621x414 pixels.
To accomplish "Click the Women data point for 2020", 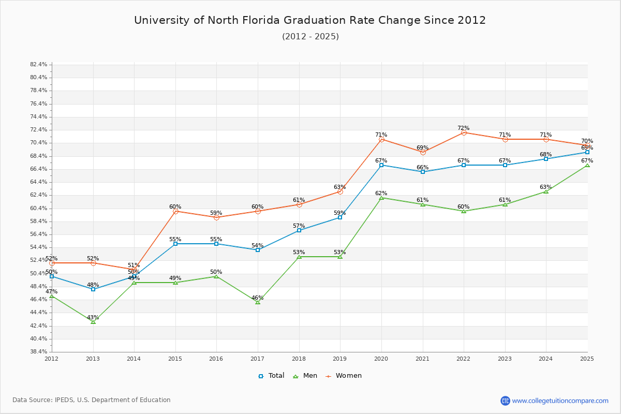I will pyautogui.click(x=381, y=139).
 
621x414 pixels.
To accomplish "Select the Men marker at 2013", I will pyautogui.click(x=93, y=322).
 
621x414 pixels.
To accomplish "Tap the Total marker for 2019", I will pyautogui.click(x=340, y=217).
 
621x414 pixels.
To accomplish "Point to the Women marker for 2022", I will pyautogui.click(x=464, y=132).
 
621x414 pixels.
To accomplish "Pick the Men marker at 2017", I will pyautogui.click(x=258, y=302).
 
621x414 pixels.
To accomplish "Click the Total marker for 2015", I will pyautogui.click(x=175, y=244).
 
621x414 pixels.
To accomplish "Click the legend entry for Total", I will pyautogui.click(x=271, y=376).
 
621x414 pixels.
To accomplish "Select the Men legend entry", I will pyautogui.click(x=305, y=376).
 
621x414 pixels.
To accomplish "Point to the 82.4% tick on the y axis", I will pyautogui.click(x=39, y=65).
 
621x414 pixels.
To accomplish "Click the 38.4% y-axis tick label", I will pyautogui.click(x=39, y=352).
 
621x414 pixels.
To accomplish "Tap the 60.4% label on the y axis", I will pyautogui.click(x=39, y=208).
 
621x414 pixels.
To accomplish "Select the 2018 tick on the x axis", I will pyautogui.click(x=299, y=358).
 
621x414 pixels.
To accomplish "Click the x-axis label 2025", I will pyautogui.click(x=587, y=358).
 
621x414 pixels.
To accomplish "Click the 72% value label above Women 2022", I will pyautogui.click(x=464, y=128).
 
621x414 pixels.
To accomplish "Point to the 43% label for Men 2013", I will pyautogui.click(x=93, y=317).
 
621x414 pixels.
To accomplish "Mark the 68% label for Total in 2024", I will pyautogui.click(x=546, y=154).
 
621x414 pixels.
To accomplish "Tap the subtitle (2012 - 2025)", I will pyautogui.click(x=310, y=36).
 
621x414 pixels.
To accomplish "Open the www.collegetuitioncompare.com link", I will pyautogui.click(x=560, y=401).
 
